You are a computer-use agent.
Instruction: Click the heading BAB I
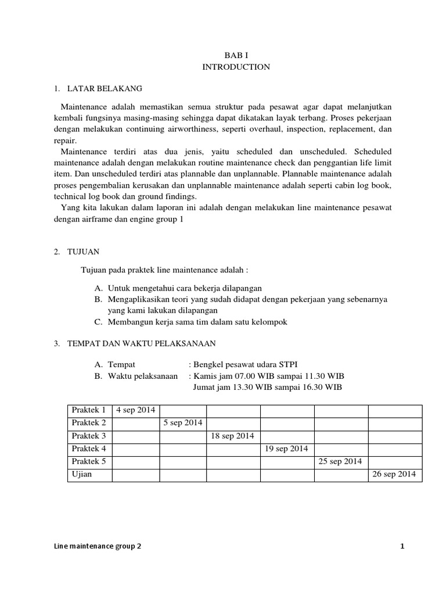point(236,55)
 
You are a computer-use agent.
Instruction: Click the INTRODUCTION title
point(236,67)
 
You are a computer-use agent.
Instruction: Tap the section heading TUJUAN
point(84,252)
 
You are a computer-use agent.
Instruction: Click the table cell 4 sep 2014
point(136,410)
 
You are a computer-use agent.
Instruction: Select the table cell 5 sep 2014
point(183,422)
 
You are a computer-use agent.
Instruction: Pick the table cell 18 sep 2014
point(233,435)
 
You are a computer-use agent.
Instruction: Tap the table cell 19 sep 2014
point(286,448)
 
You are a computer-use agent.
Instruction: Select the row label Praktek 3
point(89,435)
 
